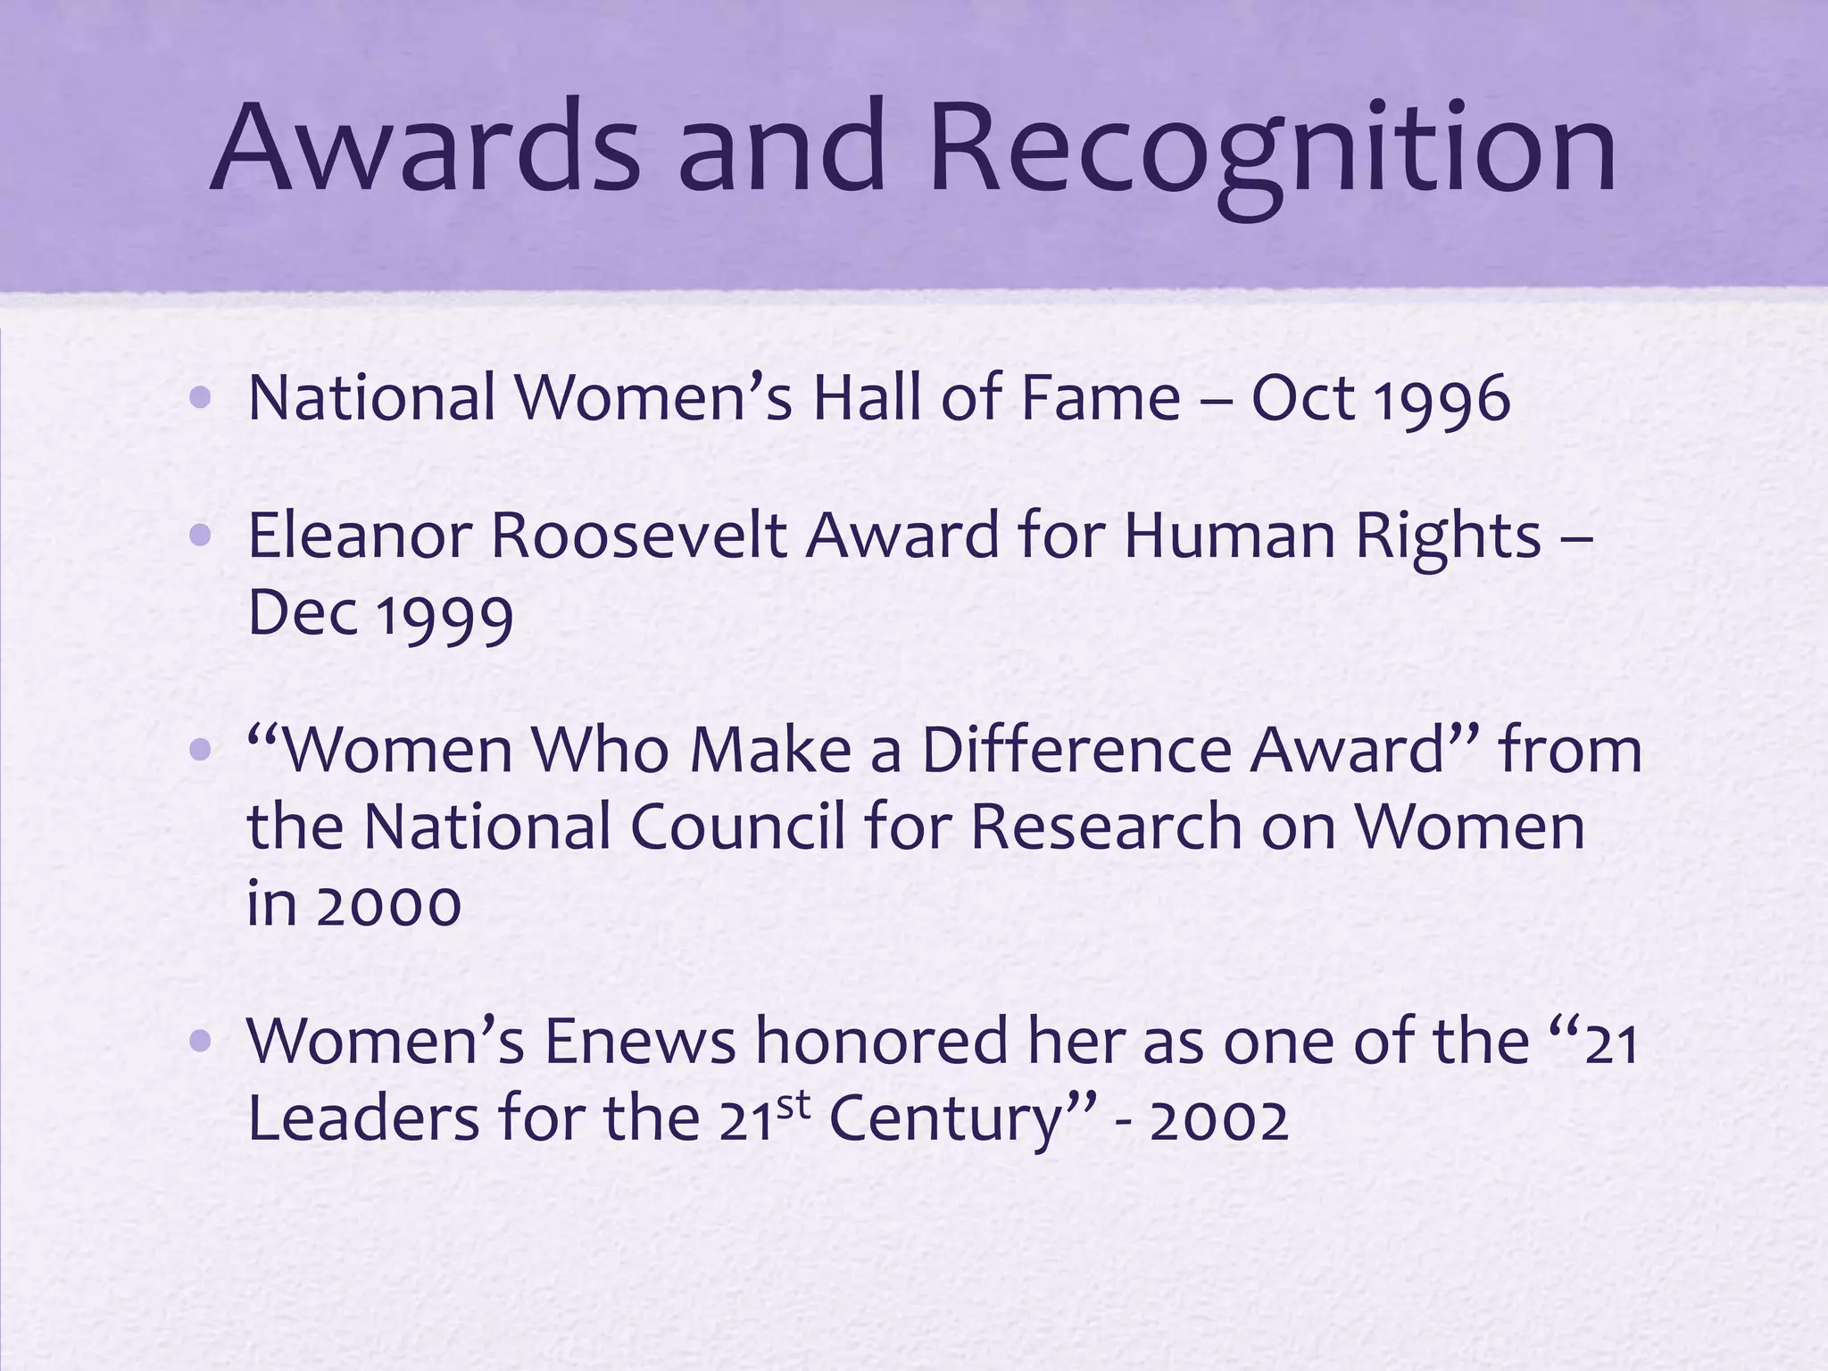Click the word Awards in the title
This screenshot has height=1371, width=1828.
click(x=425, y=147)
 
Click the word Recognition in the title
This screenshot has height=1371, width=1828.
click(x=1272, y=152)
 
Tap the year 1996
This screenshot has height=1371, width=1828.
click(x=1442, y=399)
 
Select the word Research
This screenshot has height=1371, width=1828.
click(x=1107, y=826)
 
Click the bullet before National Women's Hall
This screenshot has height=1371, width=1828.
click(x=200, y=397)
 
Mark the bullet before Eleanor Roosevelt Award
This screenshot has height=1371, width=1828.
click(x=200, y=536)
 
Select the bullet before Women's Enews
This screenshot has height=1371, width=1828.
click(x=200, y=1041)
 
